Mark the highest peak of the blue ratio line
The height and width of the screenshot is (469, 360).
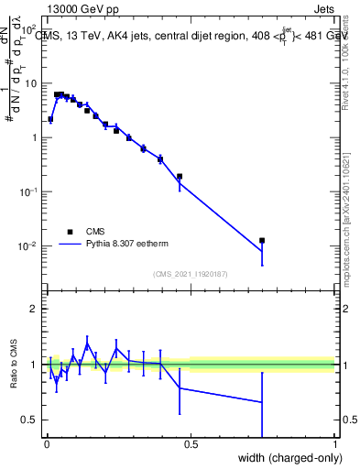coord(87,344)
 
